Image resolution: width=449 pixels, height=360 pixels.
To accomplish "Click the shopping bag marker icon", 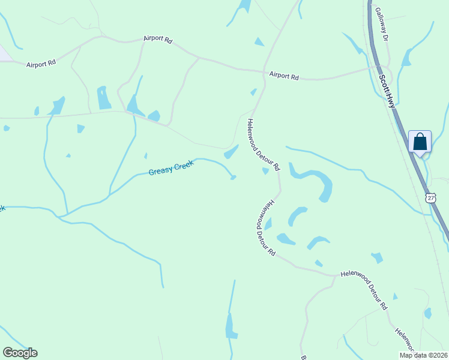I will point(420,142).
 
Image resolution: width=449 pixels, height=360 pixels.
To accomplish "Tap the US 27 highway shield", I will point(430,197).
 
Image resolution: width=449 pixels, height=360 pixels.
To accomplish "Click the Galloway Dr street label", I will point(382,24).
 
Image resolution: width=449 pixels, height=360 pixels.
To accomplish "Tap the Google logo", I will point(20,352).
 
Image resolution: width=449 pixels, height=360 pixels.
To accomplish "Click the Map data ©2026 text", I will point(423,355).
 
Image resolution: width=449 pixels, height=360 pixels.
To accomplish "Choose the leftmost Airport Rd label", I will point(41,62).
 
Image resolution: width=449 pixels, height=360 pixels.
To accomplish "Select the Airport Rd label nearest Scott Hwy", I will point(284,76).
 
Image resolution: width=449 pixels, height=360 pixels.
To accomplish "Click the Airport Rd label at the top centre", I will point(158,40).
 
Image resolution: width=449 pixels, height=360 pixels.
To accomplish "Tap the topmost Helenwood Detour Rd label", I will point(264,145).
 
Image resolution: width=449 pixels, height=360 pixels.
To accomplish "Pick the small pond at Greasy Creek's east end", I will point(233,177).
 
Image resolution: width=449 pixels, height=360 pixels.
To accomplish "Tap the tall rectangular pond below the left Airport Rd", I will point(103,98).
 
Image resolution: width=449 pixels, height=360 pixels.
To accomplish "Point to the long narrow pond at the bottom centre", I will point(231,326).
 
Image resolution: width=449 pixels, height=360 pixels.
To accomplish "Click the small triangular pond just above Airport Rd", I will point(259,42).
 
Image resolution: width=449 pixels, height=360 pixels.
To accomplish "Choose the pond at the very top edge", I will point(244,5).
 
